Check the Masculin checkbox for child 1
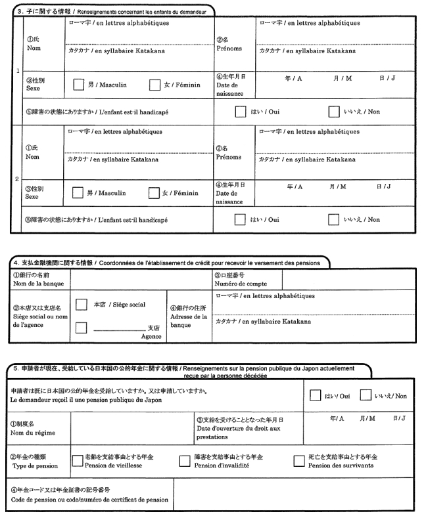click(x=78, y=85)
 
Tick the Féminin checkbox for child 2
click(x=154, y=193)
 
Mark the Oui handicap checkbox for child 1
click(x=241, y=112)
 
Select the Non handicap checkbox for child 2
click(x=335, y=220)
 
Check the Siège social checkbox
click(x=82, y=305)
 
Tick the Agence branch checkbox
click(x=82, y=327)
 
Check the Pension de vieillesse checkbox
click(x=76, y=460)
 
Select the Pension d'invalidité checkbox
click(x=185, y=460)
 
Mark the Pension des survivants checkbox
click(x=299, y=460)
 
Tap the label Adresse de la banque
click(x=189, y=318)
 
